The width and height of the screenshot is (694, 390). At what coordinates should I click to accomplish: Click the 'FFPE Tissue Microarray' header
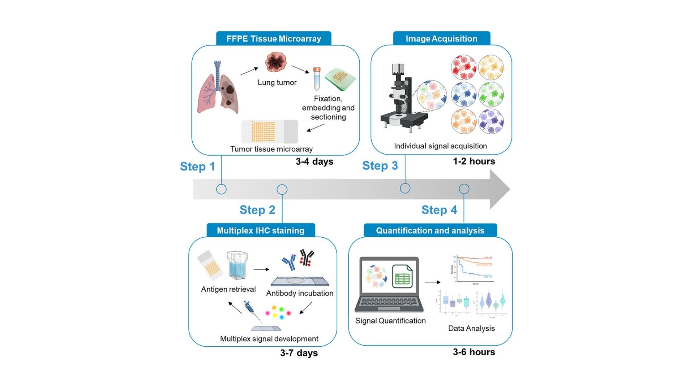click(x=274, y=39)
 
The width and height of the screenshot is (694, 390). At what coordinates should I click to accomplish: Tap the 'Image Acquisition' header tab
click(x=441, y=39)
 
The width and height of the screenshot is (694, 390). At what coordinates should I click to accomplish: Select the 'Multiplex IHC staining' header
click(x=261, y=230)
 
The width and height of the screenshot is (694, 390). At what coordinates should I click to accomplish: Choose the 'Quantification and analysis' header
click(x=430, y=230)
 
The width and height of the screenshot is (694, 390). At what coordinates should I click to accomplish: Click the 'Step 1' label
click(x=197, y=166)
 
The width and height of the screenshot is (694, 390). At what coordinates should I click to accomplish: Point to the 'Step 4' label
click(x=439, y=210)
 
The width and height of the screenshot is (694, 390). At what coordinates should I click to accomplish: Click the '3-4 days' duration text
click(x=314, y=161)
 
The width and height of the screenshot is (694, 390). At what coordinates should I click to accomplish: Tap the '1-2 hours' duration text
click(x=474, y=161)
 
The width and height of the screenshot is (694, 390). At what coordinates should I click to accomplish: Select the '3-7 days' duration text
click(x=299, y=353)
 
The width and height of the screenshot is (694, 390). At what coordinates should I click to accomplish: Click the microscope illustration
click(x=401, y=97)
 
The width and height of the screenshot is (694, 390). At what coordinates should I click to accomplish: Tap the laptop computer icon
click(x=389, y=285)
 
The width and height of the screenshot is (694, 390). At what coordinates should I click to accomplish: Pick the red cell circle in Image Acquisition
click(x=463, y=67)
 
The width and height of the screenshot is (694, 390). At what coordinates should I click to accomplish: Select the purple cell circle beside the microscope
click(x=491, y=121)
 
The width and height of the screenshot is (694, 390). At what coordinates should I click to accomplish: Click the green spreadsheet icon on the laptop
click(x=402, y=277)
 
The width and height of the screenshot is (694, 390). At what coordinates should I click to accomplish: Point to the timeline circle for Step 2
click(x=282, y=190)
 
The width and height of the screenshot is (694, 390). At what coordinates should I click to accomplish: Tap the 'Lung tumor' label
click(x=277, y=82)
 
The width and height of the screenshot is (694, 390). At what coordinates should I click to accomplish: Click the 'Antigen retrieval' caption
click(x=228, y=289)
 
